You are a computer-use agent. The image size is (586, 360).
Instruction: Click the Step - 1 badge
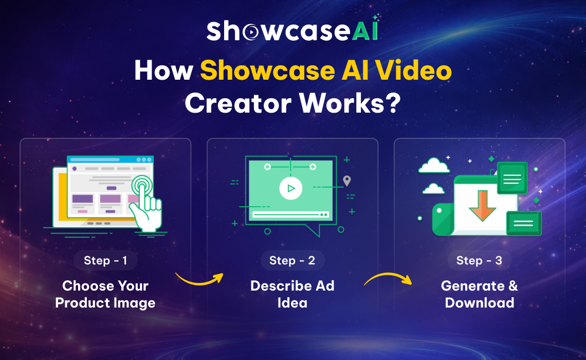pyautogui.click(x=105, y=261)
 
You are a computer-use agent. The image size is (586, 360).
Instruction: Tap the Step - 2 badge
pyautogui.click(x=292, y=261)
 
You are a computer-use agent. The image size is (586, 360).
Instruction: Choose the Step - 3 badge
pyautogui.click(x=479, y=261)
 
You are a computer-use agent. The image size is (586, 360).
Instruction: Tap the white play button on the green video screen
pyautogui.click(x=291, y=188)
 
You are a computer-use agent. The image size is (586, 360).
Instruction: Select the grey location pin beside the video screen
pyautogui.click(x=347, y=181)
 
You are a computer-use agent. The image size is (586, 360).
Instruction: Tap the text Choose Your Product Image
pyautogui.click(x=105, y=294)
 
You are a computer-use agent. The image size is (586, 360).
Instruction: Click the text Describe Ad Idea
pyautogui.click(x=292, y=294)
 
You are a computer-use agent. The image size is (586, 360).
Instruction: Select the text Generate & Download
pyautogui.click(x=479, y=294)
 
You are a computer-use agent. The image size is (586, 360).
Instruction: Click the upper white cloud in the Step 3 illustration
pyautogui.click(x=434, y=166)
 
